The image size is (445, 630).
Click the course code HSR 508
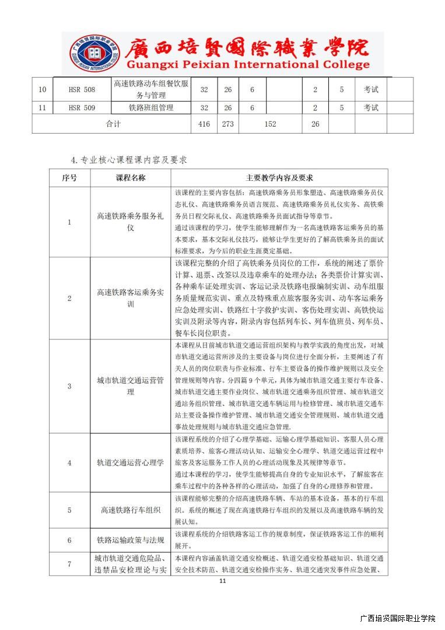point(82,90)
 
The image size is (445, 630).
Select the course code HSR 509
point(82,108)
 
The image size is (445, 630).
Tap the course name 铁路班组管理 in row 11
point(151,108)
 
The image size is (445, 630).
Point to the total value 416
point(204,124)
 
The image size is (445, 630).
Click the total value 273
point(228,124)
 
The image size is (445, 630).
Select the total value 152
point(270,124)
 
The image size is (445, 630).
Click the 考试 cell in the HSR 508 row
point(371,90)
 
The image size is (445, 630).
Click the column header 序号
point(69,178)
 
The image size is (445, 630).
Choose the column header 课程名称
point(131,178)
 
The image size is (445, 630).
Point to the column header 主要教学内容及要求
point(279,178)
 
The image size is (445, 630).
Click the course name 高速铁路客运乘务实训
point(131,298)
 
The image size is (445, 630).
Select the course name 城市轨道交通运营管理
point(131,386)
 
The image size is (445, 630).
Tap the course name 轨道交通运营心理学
point(131,463)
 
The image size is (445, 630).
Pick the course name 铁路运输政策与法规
point(131,540)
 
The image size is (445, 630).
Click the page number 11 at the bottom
point(222,581)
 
